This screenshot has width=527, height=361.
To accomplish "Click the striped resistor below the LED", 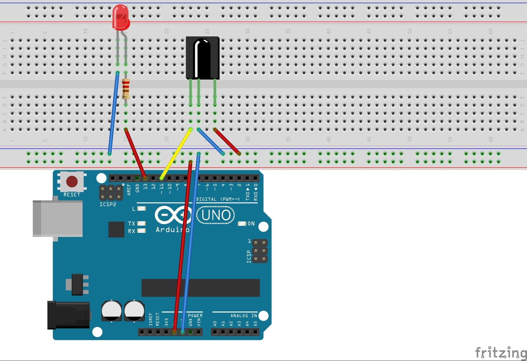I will (x=126, y=88).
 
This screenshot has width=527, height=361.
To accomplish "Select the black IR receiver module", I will (x=202, y=58).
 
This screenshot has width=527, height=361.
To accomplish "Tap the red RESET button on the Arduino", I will (x=72, y=181).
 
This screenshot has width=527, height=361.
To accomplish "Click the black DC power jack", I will (x=68, y=315).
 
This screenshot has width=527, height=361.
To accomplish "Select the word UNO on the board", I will (x=216, y=215).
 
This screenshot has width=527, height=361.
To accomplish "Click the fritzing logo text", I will (x=500, y=353).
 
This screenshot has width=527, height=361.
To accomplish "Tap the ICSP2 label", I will (x=108, y=204).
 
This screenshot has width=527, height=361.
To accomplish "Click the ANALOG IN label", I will (x=244, y=316).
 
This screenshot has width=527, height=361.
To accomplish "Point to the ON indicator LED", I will (x=242, y=224).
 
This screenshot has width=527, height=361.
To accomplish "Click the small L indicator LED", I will (x=141, y=208).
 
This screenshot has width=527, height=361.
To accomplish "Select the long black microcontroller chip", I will (x=200, y=287).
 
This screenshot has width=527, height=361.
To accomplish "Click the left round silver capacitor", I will (x=111, y=311).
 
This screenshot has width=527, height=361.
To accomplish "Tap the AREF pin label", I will (x=129, y=190).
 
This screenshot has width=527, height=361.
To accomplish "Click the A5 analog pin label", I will (x=255, y=323).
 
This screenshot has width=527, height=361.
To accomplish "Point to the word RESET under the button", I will (x=72, y=195).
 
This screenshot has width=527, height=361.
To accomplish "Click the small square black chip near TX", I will (x=116, y=230).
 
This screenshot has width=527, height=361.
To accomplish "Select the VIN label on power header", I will (x=198, y=322).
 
